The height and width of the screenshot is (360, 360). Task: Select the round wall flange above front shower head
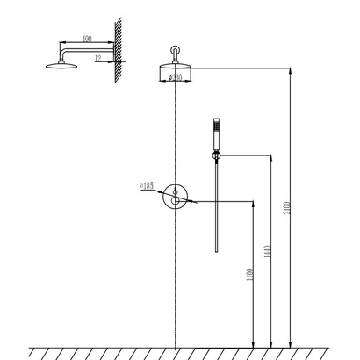[x=176, y=51]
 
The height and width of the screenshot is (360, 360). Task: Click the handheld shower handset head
[x=214, y=133]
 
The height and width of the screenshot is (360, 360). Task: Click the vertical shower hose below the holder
[x=214, y=211]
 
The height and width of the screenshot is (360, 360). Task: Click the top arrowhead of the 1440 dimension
[x=272, y=155]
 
